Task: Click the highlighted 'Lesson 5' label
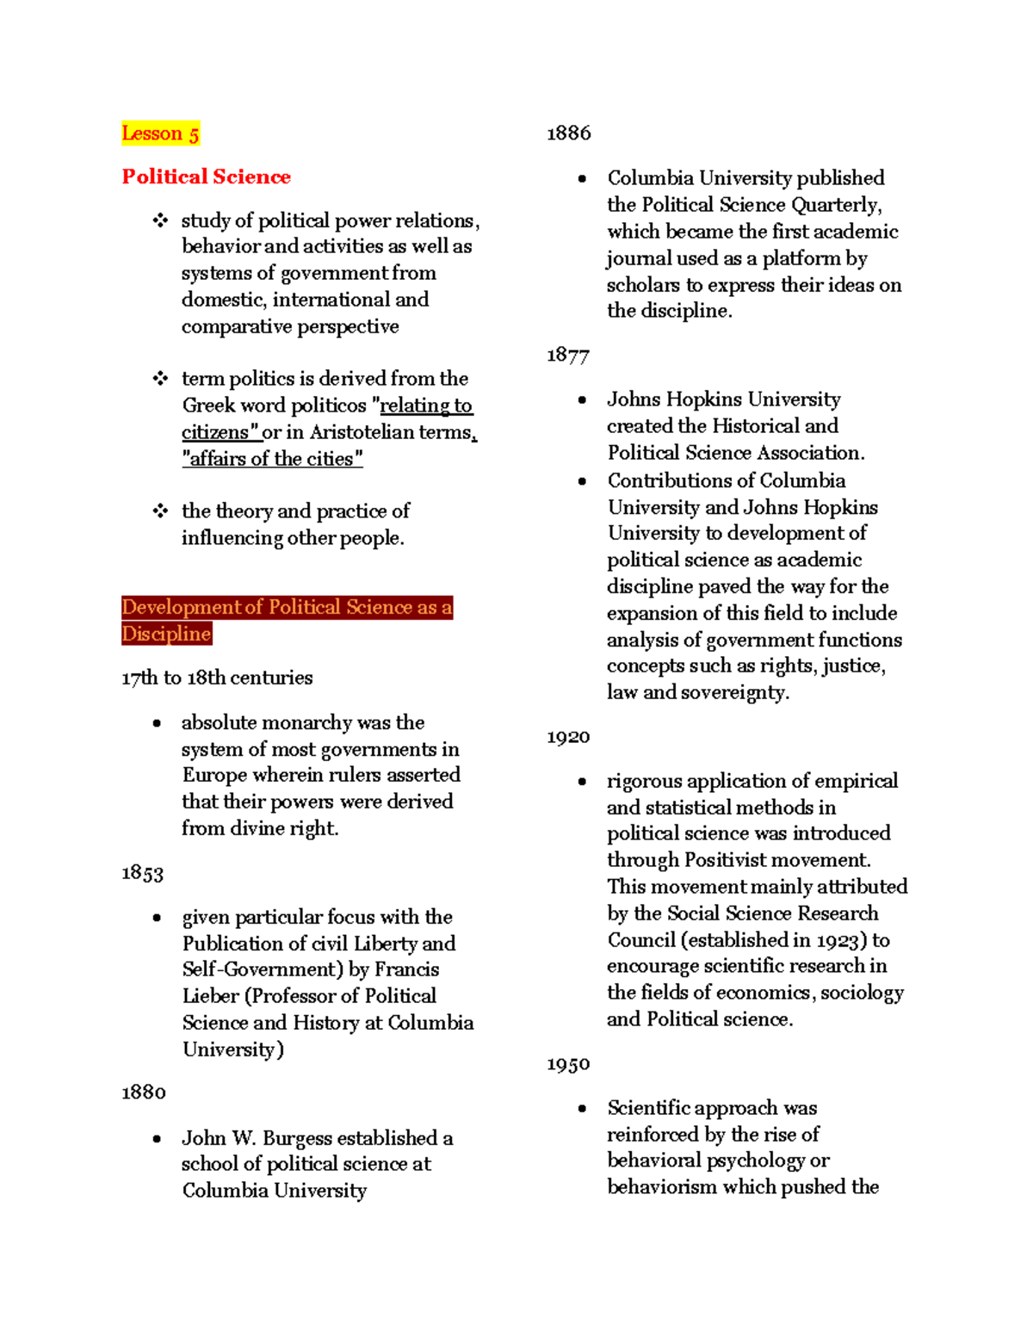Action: pos(160,133)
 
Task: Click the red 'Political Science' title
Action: pos(206,176)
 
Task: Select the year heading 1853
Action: pos(142,873)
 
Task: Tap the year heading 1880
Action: pos(143,1093)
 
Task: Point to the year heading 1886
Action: pos(568,133)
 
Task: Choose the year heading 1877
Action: pos(568,355)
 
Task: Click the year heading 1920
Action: pos(568,737)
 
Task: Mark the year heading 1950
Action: pos(568,1064)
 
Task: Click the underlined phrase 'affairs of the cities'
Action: pos(272,459)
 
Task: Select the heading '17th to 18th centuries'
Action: pos(217,678)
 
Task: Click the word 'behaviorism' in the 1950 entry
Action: pos(661,1187)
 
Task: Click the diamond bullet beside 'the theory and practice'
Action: pos(160,511)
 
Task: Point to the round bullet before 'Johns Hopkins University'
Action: pos(583,400)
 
